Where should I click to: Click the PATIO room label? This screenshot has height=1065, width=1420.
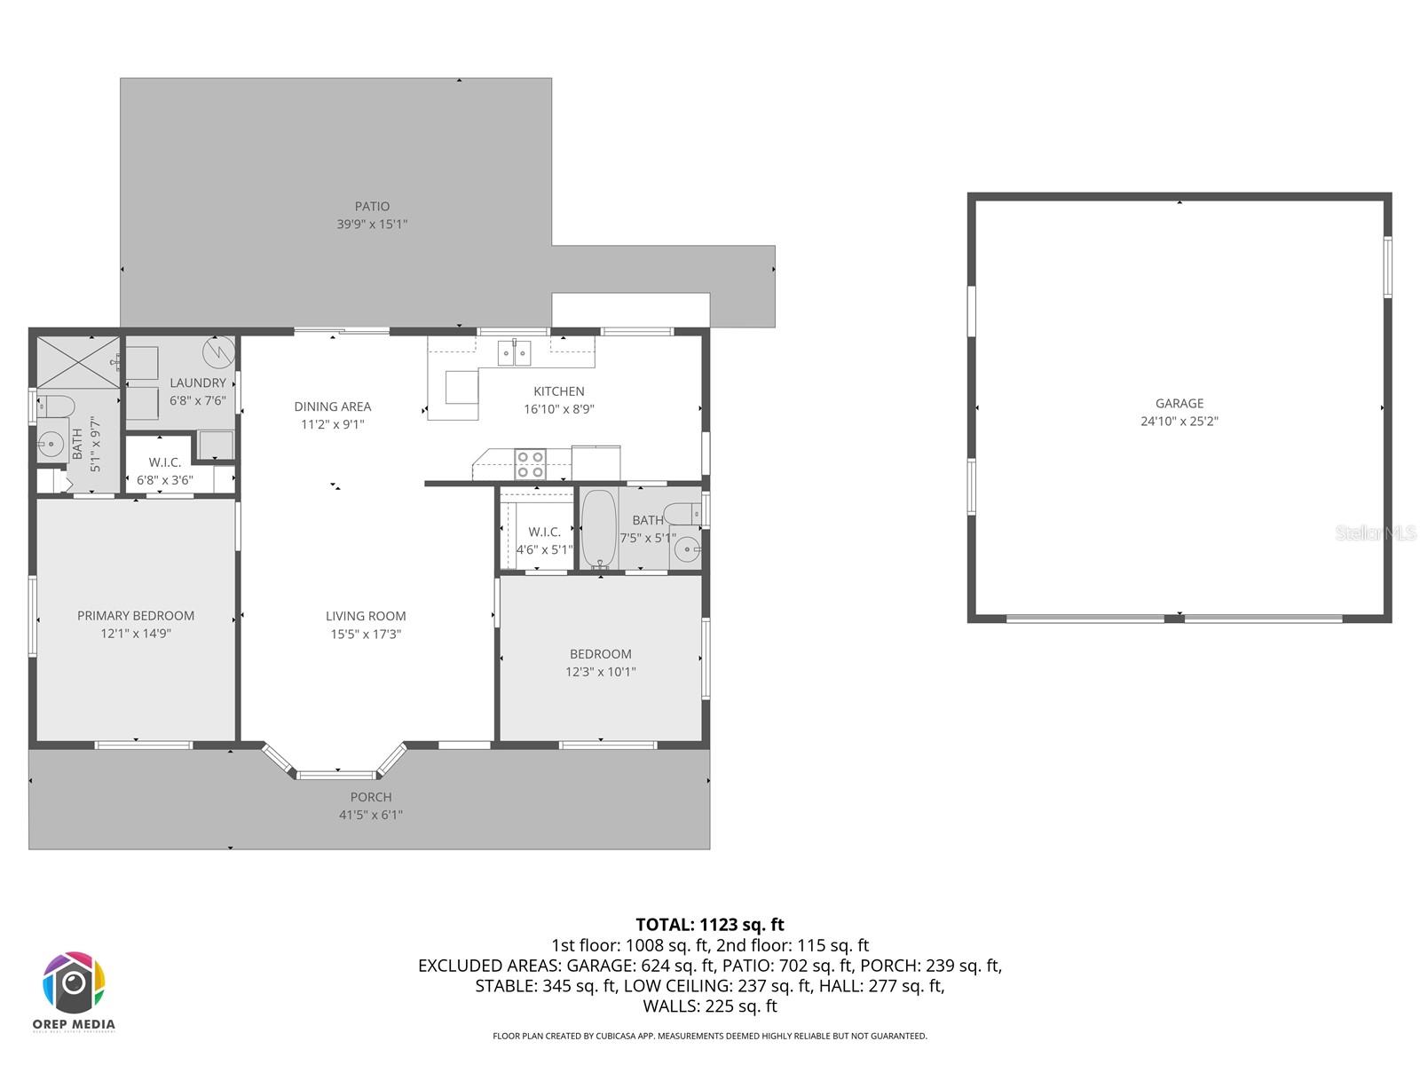click(372, 206)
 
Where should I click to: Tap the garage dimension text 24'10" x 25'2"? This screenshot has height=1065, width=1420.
click(1179, 422)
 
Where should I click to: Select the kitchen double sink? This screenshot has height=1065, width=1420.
click(513, 353)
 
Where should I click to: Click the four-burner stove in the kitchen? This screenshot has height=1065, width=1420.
click(531, 464)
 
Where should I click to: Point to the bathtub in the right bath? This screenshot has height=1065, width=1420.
click(599, 528)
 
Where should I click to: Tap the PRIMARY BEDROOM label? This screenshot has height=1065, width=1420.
click(136, 615)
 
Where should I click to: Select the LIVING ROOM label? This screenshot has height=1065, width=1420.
click(366, 616)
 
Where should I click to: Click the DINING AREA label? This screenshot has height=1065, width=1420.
click(333, 406)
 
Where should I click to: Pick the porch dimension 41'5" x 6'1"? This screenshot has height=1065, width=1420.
click(371, 815)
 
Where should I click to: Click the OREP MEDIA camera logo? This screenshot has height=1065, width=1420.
click(75, 983)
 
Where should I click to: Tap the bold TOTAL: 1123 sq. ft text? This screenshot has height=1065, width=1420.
click(710, 925)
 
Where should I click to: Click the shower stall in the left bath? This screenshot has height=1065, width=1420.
click(78, 362)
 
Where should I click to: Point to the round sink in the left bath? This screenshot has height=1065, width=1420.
click(51, 445)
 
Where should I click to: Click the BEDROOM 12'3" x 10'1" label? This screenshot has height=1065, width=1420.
click(601, 662)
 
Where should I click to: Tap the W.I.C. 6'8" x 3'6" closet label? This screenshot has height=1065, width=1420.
click(165, 471)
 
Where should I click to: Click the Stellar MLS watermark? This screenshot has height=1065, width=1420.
click(1375, 532)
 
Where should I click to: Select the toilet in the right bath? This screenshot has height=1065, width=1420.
click(683, 513)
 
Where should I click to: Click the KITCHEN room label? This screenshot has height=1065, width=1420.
click(559, 391)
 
